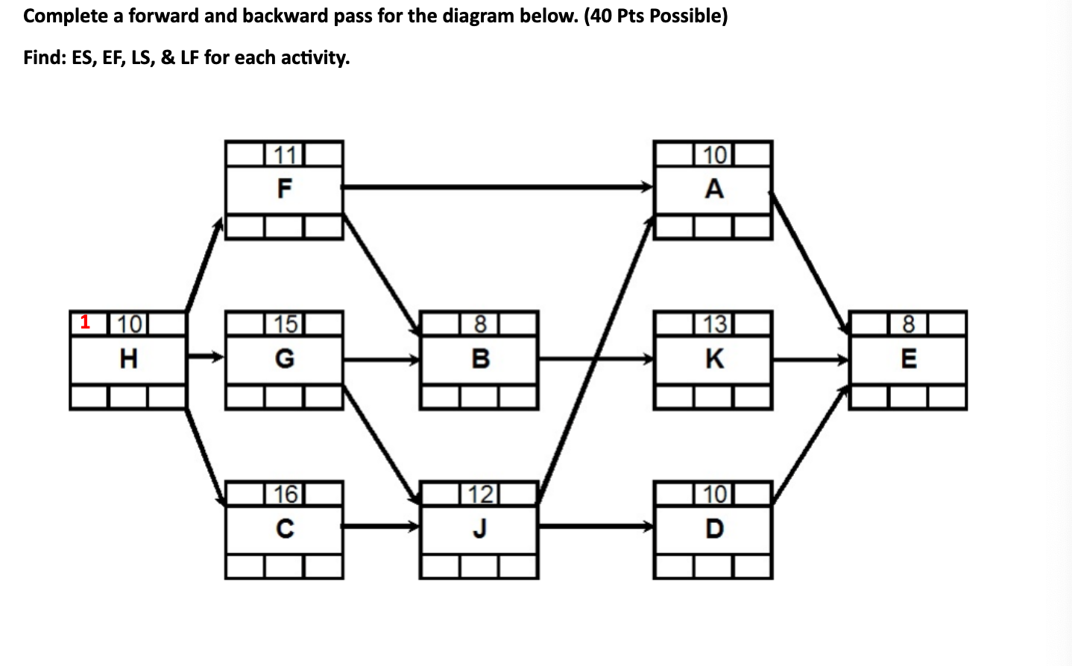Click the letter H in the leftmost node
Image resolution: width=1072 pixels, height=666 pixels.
pos(128,359)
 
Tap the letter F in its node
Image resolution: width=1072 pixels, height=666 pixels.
pos(284,189)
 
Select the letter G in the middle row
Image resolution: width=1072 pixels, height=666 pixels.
pos(284,359)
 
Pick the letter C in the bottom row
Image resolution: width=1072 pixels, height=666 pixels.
pos(284,529)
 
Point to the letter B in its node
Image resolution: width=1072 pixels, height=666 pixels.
pos(480,359)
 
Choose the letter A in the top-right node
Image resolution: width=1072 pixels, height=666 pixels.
pos(713,189)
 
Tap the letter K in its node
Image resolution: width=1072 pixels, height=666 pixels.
pos(713,359)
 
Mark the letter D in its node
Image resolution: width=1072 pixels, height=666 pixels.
pos(713,529)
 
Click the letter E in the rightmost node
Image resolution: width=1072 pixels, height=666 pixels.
pos(909,359)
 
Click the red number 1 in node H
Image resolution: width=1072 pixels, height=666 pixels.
pos(85,322)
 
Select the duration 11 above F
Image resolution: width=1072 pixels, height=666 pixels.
pos(284,155)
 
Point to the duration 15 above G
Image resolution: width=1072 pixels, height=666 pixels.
pos(284,324)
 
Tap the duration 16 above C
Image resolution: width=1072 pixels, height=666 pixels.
pos(284,494)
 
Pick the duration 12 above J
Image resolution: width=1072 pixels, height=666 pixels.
pos(480,494)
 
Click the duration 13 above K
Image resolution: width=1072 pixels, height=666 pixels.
pos(713,324)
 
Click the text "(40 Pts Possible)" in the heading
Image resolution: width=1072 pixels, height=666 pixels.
pos(656,16)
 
